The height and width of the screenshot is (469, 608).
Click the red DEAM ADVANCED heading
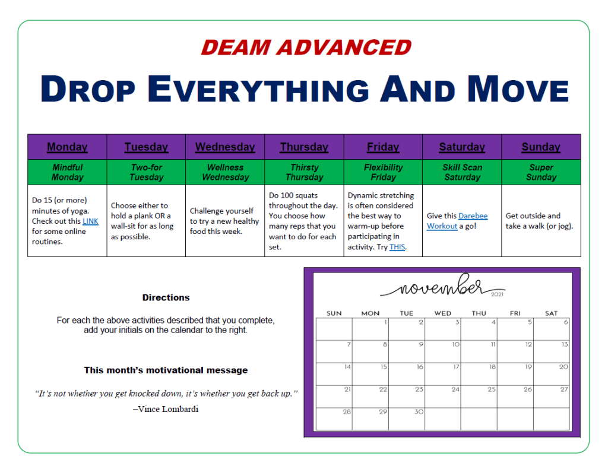(306, 47)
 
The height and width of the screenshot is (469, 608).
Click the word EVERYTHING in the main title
(258, 89)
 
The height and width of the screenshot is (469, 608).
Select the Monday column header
(67, 147)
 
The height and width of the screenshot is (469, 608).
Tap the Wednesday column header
(225, 147)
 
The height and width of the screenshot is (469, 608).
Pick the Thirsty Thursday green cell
(305, 172)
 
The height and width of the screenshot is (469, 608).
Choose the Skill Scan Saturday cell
(462, 172)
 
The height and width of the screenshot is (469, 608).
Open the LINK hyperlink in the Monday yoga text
(90, 221)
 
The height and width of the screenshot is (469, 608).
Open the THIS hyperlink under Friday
(397, 247)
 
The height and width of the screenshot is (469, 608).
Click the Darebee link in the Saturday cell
(473, 216)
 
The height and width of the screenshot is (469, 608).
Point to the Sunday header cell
(541, 147)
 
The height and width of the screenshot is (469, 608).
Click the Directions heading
(166, 297)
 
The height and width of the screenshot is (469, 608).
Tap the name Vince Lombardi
(168, 409)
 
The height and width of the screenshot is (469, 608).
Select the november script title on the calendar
(435, 286)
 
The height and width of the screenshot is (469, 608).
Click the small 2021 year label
(497, 294)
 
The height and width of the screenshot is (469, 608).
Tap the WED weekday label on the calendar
(443, 313)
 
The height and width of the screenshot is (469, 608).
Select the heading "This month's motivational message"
(166, 370)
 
